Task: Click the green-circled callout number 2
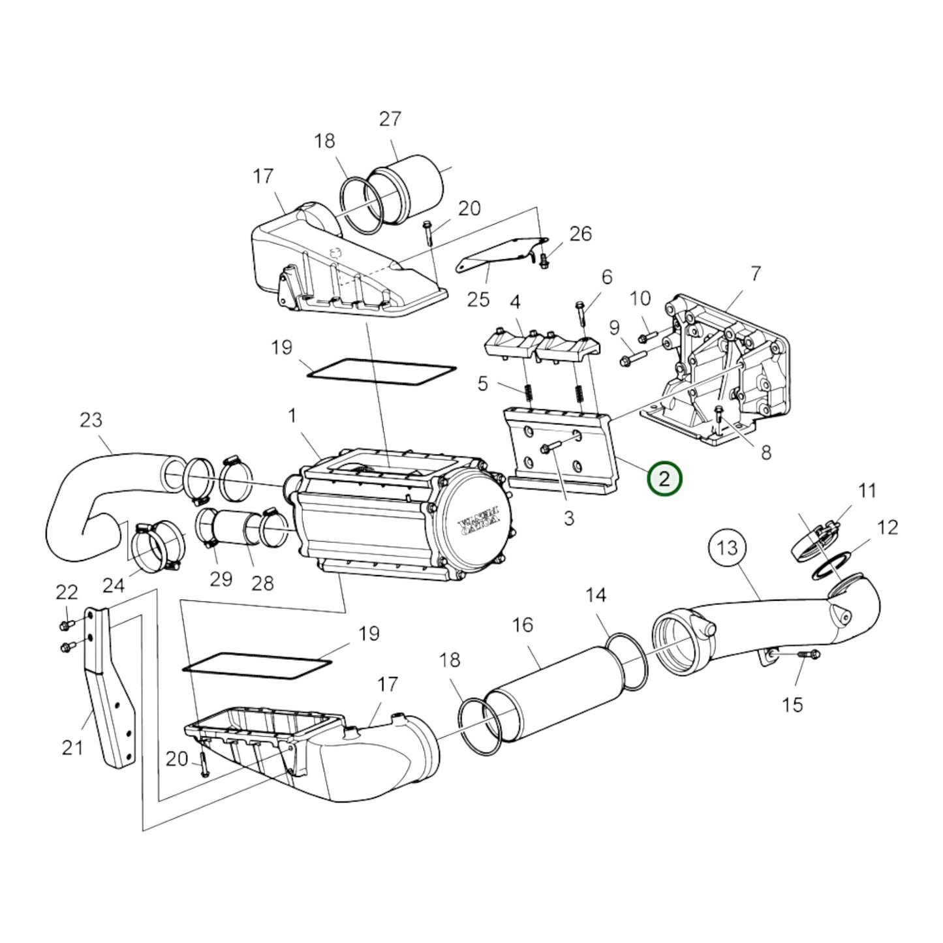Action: tap(664, 480)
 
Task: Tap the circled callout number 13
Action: tap(727, 548)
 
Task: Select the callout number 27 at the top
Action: tap(390, 119)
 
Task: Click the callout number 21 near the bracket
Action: tap(72, 747)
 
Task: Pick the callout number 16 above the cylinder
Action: tap(523, 625)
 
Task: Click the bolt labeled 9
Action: tap(630, 357)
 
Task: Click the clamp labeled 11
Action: tap(816, 534)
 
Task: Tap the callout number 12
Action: tap(888, 527)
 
